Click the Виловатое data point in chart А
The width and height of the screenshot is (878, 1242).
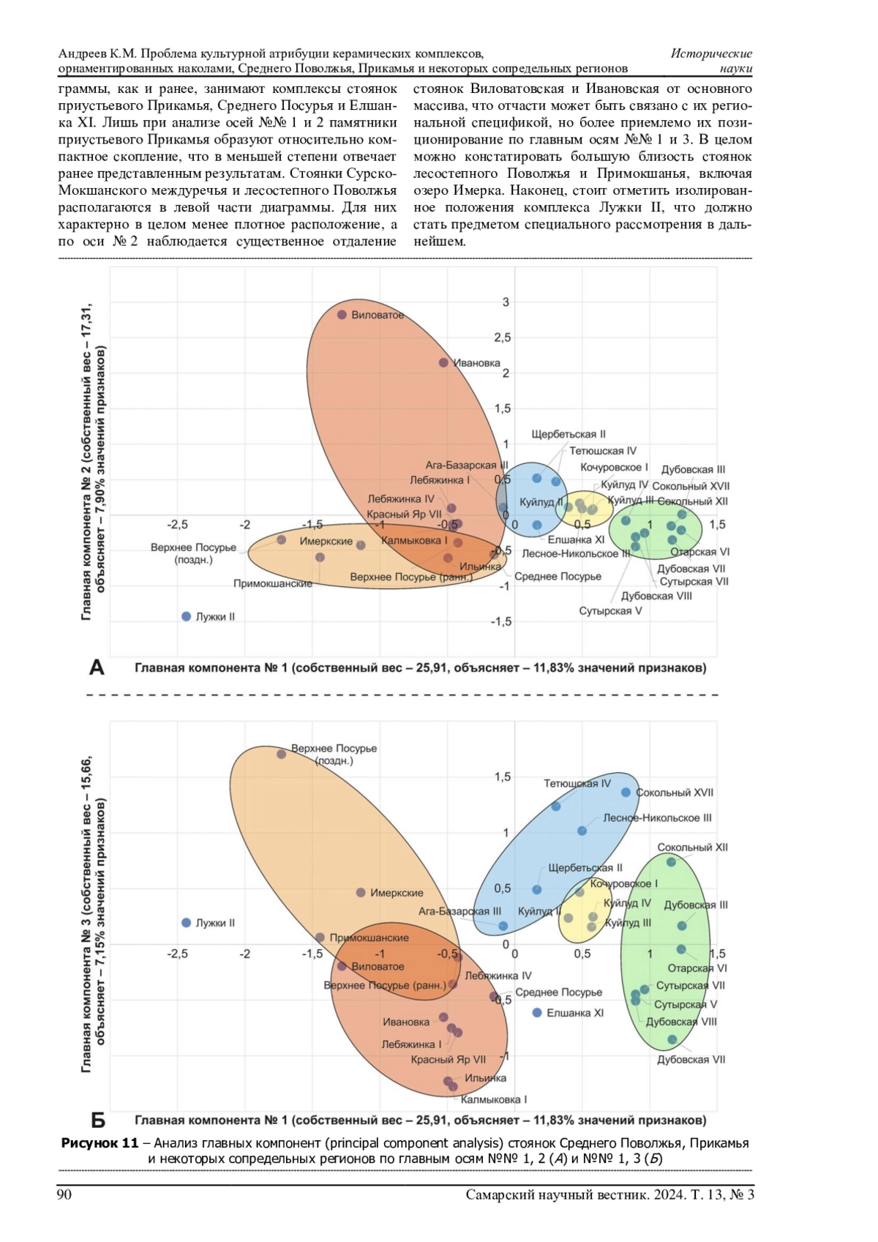pos(342,315)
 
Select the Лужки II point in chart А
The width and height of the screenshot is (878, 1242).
pos(187,617)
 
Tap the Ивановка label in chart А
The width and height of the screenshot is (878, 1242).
pos(477,363)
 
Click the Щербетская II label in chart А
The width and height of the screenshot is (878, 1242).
pos(569,434)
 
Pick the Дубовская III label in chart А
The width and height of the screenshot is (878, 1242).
pos(693,470)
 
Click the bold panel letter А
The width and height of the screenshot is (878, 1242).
pos(97,667)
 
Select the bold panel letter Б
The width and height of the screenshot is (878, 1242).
pos(97,1121)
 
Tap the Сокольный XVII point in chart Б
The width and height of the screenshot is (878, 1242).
pos(626,793)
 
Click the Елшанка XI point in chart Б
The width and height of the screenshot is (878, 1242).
pos(537,1013)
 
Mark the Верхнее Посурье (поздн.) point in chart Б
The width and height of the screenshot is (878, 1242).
pos(282,754)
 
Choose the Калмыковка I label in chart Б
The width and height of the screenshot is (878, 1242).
pos(494,1099)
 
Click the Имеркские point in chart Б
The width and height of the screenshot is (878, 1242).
pos(361,893)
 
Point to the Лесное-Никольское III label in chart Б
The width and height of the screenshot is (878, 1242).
pos(657,818)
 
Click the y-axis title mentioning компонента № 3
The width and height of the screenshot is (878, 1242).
pos(94,915)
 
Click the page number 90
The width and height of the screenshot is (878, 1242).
pos(64,1195)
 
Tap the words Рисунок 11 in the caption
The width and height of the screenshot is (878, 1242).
pos(100,1143)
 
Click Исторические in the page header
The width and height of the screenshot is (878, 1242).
pos(711,53)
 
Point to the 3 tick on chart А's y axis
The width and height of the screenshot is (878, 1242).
pos(506,302)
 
